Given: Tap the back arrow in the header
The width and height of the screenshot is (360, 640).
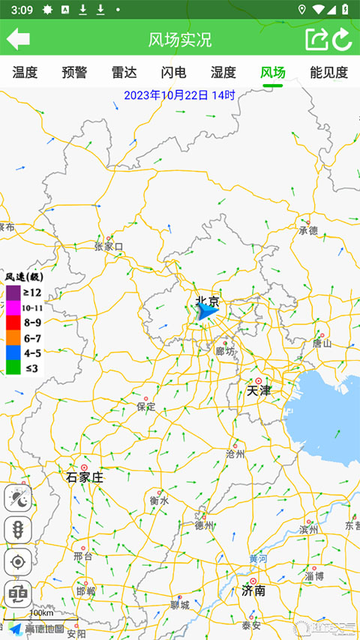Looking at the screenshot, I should tap(18, 39).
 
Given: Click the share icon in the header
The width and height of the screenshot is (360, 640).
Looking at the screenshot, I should tap(316, 39).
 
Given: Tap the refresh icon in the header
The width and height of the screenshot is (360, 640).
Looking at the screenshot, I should tap(343, 39).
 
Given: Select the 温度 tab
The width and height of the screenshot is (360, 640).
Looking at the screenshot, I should tap(25, 73).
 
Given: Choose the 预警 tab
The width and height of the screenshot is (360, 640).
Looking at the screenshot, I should tap(74, 73).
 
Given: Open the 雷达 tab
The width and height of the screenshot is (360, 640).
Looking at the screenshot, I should tap(124, 73).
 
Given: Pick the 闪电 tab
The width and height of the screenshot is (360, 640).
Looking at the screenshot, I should tap(173, 73).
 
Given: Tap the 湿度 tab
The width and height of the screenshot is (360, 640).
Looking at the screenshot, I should tap(223, 73).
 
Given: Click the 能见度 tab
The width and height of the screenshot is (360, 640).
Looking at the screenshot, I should tap(328, 73).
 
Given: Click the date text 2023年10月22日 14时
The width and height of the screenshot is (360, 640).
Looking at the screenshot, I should tap(179, 95).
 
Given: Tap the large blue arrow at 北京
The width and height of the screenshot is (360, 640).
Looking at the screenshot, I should tap(205, 311).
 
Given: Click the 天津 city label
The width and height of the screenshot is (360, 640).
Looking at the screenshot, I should tap(259, 391).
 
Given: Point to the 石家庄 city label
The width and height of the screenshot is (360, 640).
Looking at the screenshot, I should tap(85, 477).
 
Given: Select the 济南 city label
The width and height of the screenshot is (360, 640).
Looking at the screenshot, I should tap(253, 590).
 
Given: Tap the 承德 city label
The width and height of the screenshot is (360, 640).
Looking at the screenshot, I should tap(308, 230).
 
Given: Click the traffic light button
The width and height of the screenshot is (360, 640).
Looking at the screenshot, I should tap(17, 530).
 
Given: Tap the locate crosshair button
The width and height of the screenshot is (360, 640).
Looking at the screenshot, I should tap(17, 561).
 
